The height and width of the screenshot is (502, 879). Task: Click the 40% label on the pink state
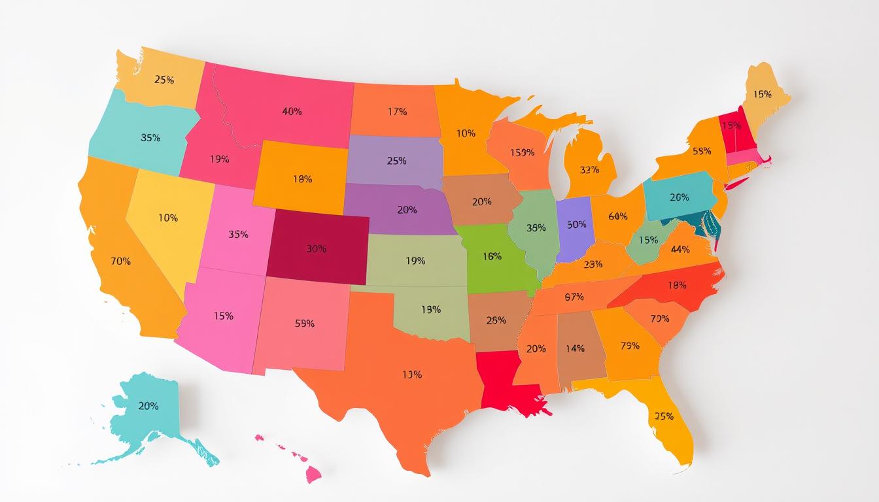click(x=292, y=112)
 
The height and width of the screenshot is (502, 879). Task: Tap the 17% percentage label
click(x=397, y=112)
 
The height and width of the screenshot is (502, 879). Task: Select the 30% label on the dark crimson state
click(x=316, y=249)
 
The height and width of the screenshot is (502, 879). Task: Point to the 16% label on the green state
click(x=492, y=257)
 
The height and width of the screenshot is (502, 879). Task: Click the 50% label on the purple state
click(x=576, y=224)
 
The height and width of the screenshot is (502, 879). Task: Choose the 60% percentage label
click(x=617, y=216)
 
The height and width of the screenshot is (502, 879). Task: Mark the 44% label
click(x=680, y=249)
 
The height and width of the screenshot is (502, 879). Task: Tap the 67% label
click(x=574, y=297)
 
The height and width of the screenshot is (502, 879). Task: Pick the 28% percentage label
click(x=496, y=320)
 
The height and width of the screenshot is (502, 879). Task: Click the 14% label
click(x=575, y=348)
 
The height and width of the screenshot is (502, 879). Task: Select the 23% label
click(x=593, y=265)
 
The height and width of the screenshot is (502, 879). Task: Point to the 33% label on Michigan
click(x=589, y=170)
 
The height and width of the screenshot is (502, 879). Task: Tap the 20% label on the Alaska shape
click(x=148, y=406)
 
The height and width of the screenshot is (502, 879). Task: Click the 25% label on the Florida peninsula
click(x=664, y=416)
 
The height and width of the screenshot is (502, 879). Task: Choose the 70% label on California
click(x=121, y=261)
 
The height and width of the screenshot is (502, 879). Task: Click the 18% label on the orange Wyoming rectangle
click(x=302, y=178)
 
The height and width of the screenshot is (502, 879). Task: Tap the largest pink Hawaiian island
click(x=313, y=473)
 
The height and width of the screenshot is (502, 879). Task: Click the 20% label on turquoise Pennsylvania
click(x=680, y=197)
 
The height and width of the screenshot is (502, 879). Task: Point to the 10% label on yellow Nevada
click(x=168, y=218)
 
